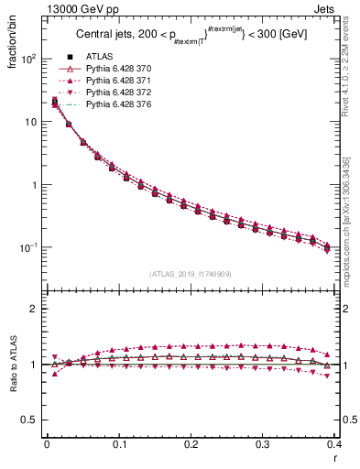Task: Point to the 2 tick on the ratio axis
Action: [36, 310]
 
